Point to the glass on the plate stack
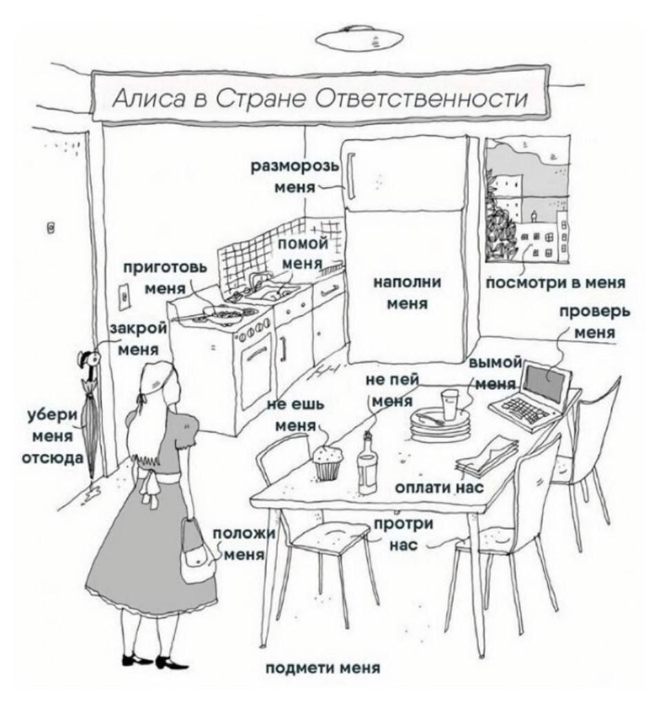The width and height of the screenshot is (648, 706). tap(450, 404)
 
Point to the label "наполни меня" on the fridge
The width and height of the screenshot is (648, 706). tap(412, 292)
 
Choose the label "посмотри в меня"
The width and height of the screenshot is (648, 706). tap(556, 283)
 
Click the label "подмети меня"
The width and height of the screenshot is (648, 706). tap(323, 668)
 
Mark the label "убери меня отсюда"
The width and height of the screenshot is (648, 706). tap(52, 436)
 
